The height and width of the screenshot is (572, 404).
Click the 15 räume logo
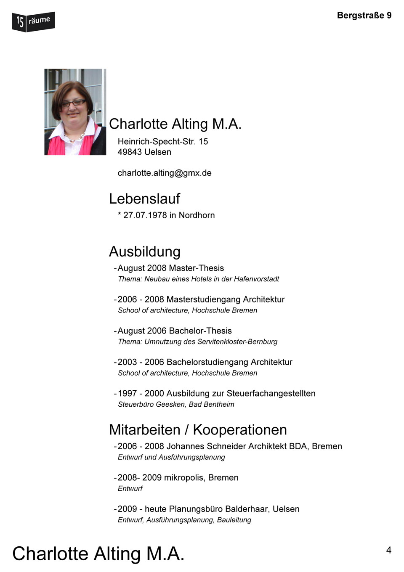click(33, 21)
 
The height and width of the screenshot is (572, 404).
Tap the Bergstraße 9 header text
click(364, 16)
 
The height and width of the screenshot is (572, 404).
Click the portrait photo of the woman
click(75, 112)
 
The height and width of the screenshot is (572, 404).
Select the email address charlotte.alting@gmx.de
click(165, 173)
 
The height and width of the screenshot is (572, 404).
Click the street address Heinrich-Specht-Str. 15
click(162, 141)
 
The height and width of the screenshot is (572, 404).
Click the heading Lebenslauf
click(144, 199)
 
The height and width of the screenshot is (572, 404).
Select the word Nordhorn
click(197, 215)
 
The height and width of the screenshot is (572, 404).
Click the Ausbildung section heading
click(144, 252)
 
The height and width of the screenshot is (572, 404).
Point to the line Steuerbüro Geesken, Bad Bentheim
click(176, 404)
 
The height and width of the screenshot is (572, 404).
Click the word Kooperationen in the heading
click(240, 430)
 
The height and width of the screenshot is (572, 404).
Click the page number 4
click(388, 550)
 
